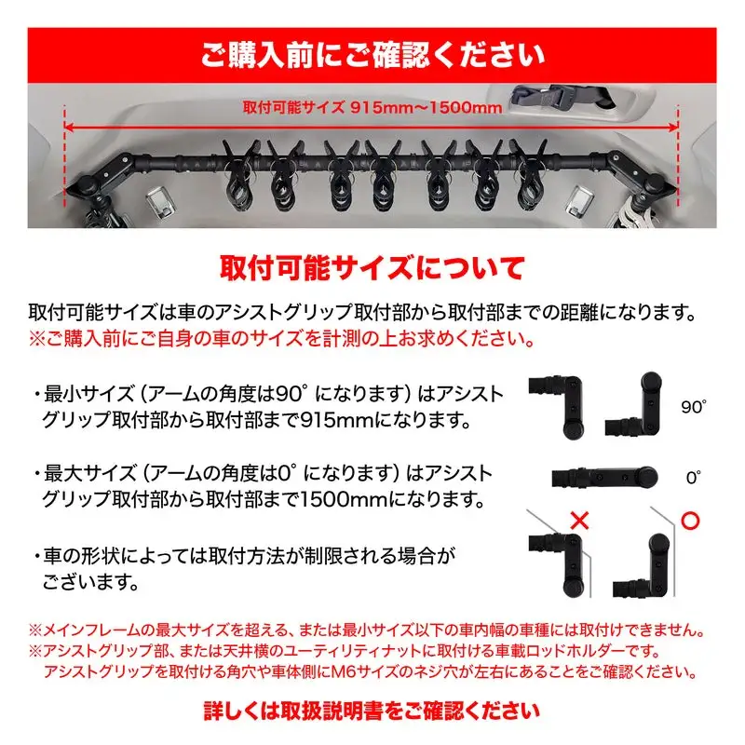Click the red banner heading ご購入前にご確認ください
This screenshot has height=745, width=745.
point(372,55)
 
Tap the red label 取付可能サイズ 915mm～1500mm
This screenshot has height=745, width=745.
point(372,107)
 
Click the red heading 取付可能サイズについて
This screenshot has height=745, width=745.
point(372,268)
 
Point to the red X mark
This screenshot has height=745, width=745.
point(579,521)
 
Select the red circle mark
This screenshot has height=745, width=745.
point(690,521)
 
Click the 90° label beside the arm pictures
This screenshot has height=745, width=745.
point(693,407)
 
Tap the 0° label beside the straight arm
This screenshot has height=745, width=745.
point(693,478)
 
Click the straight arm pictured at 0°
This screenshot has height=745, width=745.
point(604,478)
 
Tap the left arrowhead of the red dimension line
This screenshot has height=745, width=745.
point(69,128)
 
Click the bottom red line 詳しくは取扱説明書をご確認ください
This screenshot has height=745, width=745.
point(372,711)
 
